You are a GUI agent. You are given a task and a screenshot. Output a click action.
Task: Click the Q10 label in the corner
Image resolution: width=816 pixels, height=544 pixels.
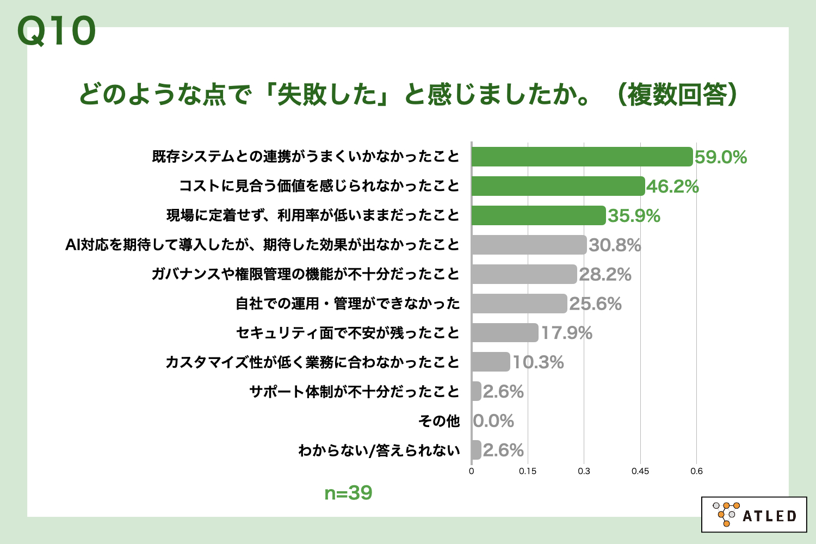point(57,31)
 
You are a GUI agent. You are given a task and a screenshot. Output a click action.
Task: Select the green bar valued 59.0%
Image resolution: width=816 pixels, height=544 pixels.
point(582,157)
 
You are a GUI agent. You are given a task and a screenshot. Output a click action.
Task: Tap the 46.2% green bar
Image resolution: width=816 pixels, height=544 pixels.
point(558,186)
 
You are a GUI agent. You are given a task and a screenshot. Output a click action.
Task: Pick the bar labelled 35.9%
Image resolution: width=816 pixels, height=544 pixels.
point(538,215)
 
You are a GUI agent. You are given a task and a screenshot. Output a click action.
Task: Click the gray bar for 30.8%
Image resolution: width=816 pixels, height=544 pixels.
point(529,245)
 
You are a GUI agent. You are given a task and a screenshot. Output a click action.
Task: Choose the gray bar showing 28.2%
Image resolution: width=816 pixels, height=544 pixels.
point(524,274)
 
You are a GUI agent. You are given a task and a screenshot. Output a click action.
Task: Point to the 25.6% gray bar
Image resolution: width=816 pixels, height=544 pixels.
point(519,304)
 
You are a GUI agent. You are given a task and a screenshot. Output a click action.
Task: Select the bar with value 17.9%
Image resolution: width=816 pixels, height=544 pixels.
point(505,333)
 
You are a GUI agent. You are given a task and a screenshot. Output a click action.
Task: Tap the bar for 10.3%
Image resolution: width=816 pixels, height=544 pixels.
point(491,362)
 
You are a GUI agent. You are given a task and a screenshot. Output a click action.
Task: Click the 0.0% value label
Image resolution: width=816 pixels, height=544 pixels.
point(493,421)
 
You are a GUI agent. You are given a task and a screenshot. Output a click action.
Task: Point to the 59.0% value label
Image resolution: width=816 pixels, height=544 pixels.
point(721,157)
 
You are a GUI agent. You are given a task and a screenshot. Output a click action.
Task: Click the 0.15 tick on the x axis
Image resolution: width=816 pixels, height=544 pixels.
point(528,471)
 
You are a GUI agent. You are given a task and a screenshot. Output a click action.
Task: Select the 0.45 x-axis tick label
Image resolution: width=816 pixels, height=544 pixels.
point(640,471)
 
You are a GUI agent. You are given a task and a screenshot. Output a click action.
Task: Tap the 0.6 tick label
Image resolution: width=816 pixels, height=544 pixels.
point(696,471)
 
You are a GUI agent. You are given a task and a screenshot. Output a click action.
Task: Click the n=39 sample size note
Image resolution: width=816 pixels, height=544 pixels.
point(348,493)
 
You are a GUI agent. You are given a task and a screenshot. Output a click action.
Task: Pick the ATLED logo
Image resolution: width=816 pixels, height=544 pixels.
point(754,514)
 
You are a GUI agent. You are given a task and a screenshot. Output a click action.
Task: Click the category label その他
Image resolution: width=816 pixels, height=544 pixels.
point(439,421)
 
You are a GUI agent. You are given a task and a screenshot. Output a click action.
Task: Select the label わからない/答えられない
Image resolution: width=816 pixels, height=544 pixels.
point(379,450)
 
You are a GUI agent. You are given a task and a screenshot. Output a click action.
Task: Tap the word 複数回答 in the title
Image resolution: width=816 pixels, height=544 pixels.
point(677,95)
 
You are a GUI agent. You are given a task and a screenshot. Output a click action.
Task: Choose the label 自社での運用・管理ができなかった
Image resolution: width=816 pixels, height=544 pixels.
point(348,304)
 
